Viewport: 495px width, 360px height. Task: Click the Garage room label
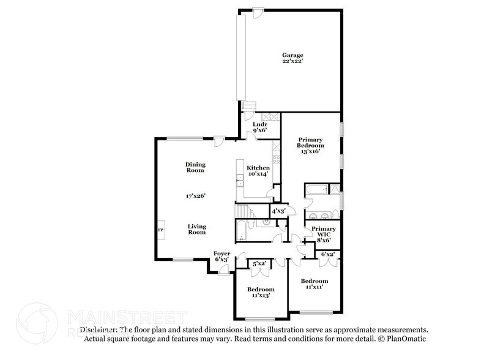click(292, 55)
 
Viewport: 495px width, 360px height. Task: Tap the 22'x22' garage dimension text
click(292, 61)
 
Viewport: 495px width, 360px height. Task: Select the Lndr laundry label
click(260, 124)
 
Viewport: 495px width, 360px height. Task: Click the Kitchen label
click(258, 168)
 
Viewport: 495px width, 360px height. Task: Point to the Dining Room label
click(196, 168)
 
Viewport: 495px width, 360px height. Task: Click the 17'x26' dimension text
click(196, 196)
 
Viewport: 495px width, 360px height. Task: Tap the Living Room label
click(196, 230)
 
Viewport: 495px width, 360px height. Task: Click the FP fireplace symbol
click(161, 230)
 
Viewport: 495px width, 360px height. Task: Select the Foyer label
click(221, 253)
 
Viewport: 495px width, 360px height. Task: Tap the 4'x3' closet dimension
click(279, 211)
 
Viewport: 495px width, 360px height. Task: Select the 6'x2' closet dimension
click(328, 253)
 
